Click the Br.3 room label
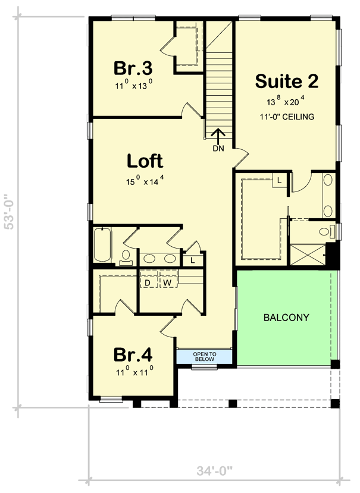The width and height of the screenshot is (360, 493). (x=134, y=66)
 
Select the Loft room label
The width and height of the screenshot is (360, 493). (x=145, y=161)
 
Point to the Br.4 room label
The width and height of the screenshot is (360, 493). (x=133, y=355)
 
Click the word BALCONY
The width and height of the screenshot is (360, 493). (x=286, y=318)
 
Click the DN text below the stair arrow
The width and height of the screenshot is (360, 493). (x=218, y=149)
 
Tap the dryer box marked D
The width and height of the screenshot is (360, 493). (x=148, y=283)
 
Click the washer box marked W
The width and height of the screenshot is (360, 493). (x=168, y=283)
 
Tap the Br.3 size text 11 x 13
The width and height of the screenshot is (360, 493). (x=134, y=85)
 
